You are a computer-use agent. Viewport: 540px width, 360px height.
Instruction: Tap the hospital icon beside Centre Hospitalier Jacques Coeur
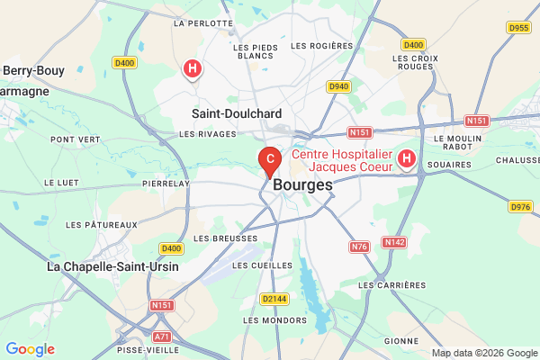[406, 159]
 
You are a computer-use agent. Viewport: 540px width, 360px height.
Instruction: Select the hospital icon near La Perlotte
[191, 67]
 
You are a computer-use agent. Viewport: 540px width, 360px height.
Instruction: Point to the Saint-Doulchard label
[237, 114]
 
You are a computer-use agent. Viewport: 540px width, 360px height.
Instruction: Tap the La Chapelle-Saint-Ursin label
[112, 266]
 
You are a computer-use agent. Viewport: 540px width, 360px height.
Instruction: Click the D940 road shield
[338, 86]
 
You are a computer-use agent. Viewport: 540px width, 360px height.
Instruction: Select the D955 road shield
[518, 28]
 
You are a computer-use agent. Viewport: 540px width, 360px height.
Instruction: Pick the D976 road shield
[520, 207]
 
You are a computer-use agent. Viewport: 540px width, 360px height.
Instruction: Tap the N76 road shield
[360, 247]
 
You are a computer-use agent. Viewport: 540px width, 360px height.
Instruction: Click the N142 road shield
[394, 242]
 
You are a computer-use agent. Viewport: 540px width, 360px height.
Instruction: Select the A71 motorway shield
[162, 336]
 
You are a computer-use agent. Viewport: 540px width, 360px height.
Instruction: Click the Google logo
[30, 349]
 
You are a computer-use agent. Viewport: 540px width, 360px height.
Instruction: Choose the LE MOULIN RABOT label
[458, 144]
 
